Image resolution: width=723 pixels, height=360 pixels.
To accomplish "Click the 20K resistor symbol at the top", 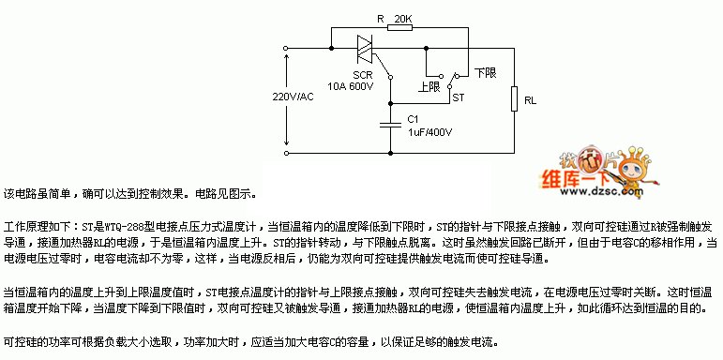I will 399,27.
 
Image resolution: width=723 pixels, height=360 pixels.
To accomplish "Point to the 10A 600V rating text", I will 351,86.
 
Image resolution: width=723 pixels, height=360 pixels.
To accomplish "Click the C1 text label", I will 413,119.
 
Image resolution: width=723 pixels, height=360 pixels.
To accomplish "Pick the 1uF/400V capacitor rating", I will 430,133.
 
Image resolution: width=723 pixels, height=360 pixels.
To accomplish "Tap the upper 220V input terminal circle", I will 287,44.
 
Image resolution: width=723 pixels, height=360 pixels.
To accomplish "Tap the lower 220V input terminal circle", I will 287,150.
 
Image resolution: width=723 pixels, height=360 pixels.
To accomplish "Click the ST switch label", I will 459,97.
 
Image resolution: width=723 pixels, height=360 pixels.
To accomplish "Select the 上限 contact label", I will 429,86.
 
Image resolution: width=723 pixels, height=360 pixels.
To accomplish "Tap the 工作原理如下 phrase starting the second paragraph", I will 33,228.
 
